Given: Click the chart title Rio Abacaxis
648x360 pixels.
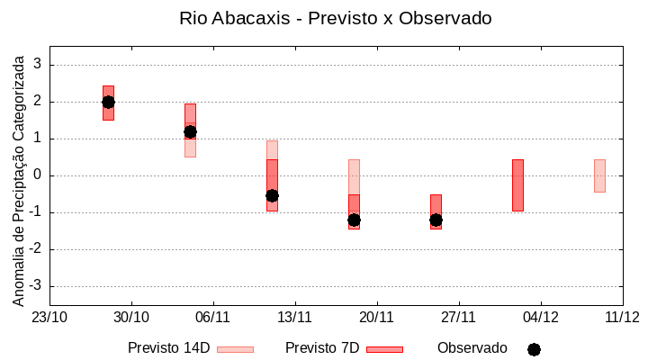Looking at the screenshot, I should tap(335, 18).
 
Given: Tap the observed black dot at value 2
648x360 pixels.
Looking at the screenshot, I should tap(108, 102).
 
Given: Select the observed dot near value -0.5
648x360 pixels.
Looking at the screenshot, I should tap(272, 195).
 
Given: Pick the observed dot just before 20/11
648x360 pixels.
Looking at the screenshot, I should tap(354, 220).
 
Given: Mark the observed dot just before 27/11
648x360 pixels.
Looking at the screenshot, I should tap(436, 220).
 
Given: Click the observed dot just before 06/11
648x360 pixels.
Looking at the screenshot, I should tap(190, 131).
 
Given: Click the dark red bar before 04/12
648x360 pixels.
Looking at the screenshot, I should tap(517, 184).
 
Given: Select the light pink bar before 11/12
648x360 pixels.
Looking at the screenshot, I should tap(599, 175).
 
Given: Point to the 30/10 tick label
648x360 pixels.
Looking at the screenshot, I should tap(131, 317).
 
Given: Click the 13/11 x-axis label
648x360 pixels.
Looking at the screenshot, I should tap(294, 317).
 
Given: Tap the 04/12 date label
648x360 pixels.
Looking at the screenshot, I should tap(540, 317).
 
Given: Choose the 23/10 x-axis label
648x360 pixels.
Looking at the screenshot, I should tap(49, 317).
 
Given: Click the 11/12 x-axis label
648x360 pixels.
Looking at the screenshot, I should tap(622, 317).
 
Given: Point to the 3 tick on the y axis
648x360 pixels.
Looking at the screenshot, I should tap(38, 65).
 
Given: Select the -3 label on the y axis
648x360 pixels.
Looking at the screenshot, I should tap(35, 286).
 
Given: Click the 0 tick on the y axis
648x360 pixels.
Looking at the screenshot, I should tap(38, 175).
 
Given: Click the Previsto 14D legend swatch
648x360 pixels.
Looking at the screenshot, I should tap(235, 349).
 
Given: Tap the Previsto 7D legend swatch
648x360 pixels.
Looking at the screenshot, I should tap(384, 349).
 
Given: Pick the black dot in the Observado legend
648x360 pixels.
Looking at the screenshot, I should tap(534, 349).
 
